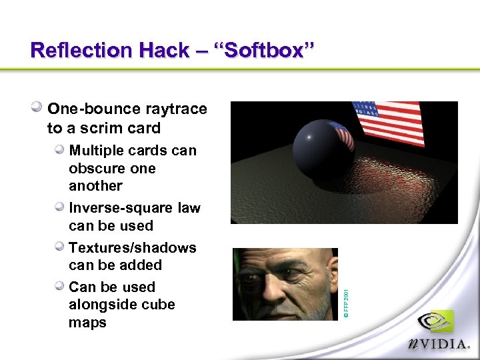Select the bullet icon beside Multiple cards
pyautogui.click(x=60, y=150)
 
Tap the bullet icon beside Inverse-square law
pyautogui.click(x=60, y=207)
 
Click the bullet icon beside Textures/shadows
pyautogui.click(x=60, y=247)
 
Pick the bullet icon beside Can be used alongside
pyautogui.click(x=60, y=287)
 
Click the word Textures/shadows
pyautogui.click(x=133, y=248)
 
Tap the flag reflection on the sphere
pyautogui.click(x=341, y=135)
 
